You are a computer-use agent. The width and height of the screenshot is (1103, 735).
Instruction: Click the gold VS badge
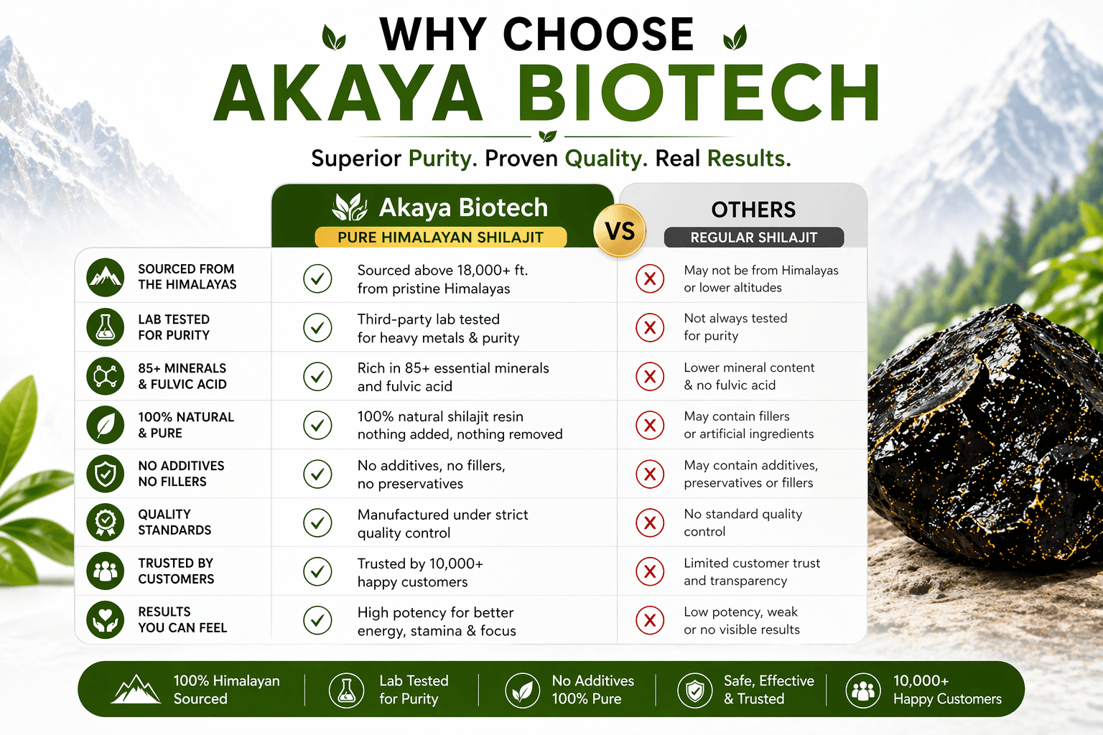pos(620,230)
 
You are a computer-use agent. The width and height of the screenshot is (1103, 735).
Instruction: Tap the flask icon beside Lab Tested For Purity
pos(105,327)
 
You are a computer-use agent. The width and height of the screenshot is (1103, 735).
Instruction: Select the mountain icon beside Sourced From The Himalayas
pos(105,277)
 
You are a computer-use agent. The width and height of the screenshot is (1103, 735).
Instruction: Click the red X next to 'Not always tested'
pos(650,327)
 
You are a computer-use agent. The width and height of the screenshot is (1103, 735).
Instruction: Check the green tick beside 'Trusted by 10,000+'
pos(317,571)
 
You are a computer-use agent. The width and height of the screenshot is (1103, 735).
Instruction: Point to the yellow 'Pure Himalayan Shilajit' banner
pos(441,237)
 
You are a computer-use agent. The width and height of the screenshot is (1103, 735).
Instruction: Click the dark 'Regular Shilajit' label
pos(754,238)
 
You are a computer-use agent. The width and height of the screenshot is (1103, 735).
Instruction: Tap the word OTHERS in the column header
pos(753,210)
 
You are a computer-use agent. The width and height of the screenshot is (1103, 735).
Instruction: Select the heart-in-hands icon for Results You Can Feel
pos(105,620)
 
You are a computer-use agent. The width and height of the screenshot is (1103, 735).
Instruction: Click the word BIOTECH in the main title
pos(698,93)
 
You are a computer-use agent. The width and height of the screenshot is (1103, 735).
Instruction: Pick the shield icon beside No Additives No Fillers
pos(105,474)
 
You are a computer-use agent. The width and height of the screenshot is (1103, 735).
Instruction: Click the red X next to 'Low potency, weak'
pos(650,620)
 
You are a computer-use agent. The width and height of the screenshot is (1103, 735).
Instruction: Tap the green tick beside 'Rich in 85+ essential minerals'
pos(317,377)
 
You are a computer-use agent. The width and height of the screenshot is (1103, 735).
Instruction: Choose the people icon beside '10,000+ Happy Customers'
pos(863,690)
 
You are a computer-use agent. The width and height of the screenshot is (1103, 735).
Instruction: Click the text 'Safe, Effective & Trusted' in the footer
pos(768,690)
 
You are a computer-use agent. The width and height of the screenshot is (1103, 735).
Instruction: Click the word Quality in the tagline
pos(606,159)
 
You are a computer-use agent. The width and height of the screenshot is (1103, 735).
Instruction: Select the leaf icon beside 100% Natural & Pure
pos(105,425)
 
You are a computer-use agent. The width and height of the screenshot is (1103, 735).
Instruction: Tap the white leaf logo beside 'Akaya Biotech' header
pos(350,207)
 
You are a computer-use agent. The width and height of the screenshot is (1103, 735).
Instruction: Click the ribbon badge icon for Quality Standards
pos(105,523)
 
